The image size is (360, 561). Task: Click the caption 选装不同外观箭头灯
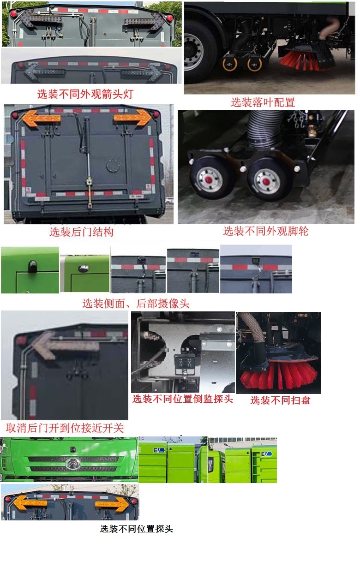(85, 94)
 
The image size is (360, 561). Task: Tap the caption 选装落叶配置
(263, 102)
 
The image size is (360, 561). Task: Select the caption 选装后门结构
(81, 232)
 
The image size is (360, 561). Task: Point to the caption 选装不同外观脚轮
(266, 231)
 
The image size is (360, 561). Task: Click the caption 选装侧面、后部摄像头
(136, 303)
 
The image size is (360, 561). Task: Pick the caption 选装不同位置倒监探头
(183, 399)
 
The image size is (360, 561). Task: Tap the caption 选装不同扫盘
(281, 400)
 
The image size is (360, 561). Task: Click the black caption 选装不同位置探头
(136, 529)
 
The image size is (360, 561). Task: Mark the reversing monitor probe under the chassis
(184, 363)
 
